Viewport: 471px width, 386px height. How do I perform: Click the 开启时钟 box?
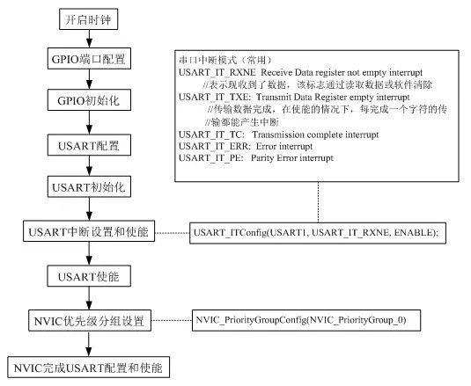tap(88, 19)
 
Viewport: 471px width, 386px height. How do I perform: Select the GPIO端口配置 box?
tap(89, 59)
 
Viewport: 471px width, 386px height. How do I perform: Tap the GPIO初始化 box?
tap(89, 100)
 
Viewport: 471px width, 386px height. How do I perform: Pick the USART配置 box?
tap(89, 145)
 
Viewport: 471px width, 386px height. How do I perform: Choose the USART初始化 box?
tap(89, 186)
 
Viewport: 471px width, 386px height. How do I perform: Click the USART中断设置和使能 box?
tap(89, 231)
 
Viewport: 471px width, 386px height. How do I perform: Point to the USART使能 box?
tap(89, 276)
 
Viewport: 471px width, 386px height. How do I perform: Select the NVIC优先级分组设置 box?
tap(90, 321)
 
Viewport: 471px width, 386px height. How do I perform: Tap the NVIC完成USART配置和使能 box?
tap(88, 368)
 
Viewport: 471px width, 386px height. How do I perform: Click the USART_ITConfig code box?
tap(318, 233)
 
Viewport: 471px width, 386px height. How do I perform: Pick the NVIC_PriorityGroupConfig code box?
tap(306, 320)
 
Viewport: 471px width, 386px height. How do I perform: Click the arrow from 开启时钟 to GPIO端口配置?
tap(89, 39)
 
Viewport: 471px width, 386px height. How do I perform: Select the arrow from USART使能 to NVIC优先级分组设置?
tap(89, 298)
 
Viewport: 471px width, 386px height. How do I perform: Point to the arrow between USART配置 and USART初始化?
tap(89, 166)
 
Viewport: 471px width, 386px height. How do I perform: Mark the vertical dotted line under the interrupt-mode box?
tap(319, 202)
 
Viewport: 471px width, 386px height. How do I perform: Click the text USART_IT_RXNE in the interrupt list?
tap(217, 72)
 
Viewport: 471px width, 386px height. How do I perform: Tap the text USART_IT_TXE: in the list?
tap(214, 98)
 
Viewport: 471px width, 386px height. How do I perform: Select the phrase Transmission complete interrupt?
tap(315, 135)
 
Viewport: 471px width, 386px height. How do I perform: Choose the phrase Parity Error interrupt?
tap(292, 157)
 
